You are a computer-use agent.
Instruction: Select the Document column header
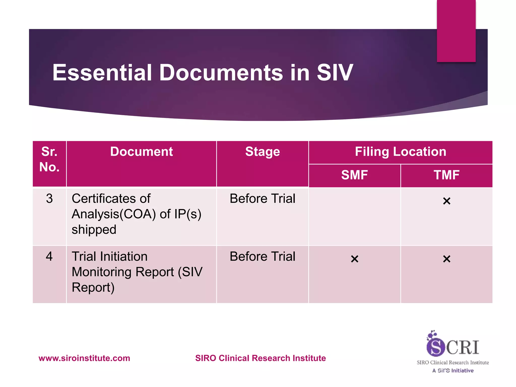pyautogui.click(x=141, y=152)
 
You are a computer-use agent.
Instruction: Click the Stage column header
pyautogui.click(x=263, y=152)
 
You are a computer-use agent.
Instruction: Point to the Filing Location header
pyautogui.click(x=400, y=152)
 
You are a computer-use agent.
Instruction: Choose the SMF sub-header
pyautogui.click(x=354, y=175)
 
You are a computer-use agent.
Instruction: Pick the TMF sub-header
pyautogui.click(x=446, y=175)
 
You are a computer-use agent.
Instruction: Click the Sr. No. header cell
pyautogui.click(x=49, y=159)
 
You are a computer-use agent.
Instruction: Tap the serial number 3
pyautogui.click(x=49, y=199)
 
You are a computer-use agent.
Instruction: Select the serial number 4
pyautogui.click(x=49, y=256)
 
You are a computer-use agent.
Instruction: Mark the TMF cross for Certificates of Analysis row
pyautogui.click(x=447, y=201)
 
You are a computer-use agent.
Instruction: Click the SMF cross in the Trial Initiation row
pyautogui.click(x=354, y=259)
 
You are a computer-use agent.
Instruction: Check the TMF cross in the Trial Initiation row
pyautogui.click(x=447, y=259)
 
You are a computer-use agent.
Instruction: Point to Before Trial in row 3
pyautogui.click(x=263, y=199)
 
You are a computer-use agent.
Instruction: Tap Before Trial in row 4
pyautogui.click(x=263, y=256)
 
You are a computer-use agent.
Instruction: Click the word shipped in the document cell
pyautogui.click(x=94, y=230)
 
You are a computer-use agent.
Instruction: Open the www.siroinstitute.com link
pyautogui.click(x=84, y=358)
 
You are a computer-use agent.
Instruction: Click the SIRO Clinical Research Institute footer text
pyautogui.click(x=261, y=358)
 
